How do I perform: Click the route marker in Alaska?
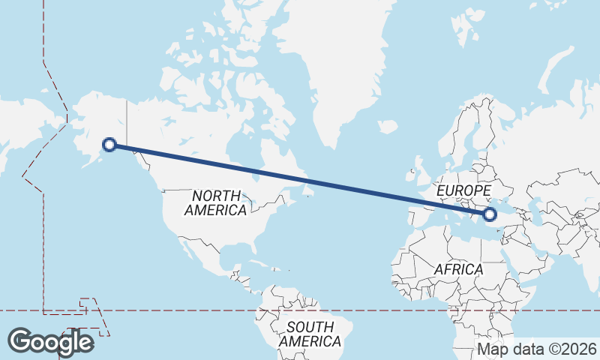click(x=109, y=145)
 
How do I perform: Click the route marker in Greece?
click(x=490, y=215)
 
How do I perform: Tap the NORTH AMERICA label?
click(x=215, y=202)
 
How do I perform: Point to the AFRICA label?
click(x=458, y=268)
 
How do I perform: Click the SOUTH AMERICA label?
click(x=310, y=334)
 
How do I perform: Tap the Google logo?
click(x=50, y=341)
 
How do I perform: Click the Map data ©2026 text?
click(x=537, y=349)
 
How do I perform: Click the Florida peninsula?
click(x=248, y=252)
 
